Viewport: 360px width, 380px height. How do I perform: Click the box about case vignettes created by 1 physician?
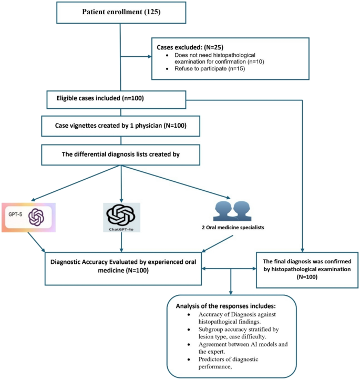[x=121, y=126]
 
